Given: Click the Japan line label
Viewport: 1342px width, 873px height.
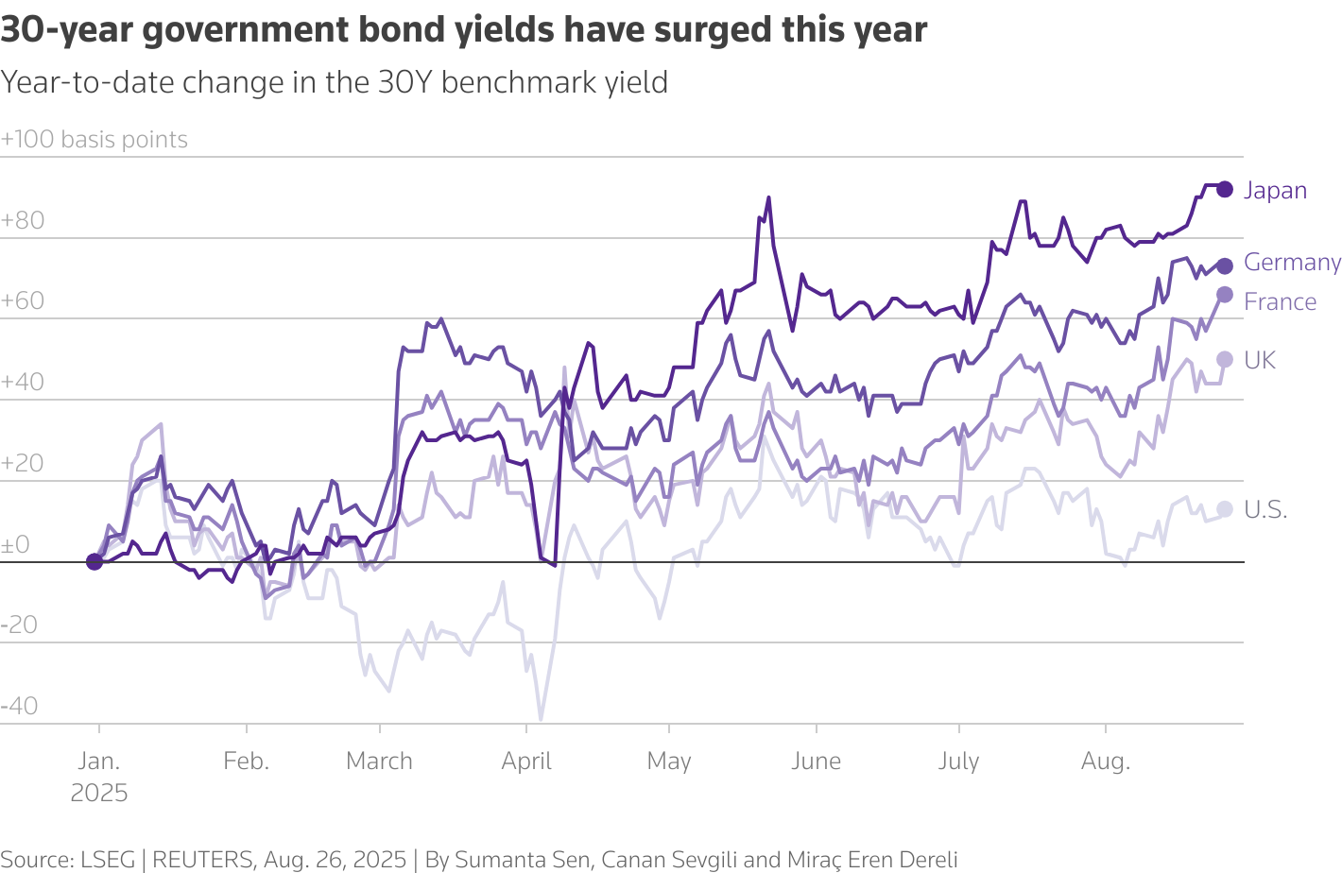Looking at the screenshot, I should click(1275, 190).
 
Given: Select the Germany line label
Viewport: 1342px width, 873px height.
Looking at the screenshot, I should click(1292, 262).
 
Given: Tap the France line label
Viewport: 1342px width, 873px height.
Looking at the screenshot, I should click(1280, 301).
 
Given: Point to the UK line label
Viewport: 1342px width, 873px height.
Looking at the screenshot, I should click(1260, 360).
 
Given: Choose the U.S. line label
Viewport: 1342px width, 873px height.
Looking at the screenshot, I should click(1265, 510).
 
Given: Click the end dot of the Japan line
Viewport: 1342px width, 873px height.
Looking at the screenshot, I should click(1225, 189).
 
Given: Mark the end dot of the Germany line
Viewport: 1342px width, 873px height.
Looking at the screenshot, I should click(1225, 266).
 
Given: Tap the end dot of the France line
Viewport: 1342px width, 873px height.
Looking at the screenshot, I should click(1225, 295).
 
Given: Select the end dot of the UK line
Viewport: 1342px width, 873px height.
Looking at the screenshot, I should click(1225, 359).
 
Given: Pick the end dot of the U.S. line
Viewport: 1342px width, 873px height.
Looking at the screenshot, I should click(1225, 510).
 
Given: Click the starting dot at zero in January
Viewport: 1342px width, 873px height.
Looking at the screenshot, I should click(94, 561).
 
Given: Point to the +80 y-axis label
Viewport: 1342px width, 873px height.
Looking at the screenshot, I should click(23, 220).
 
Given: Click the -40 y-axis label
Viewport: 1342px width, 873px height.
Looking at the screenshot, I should click(20, 706).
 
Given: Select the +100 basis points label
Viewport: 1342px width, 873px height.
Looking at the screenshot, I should click(95, 139).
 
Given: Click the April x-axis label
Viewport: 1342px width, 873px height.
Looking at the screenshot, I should click(526, 761).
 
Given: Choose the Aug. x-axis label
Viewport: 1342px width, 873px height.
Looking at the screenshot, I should click(1105, 761).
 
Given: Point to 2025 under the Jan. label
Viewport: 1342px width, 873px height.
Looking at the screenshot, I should click(99, 793).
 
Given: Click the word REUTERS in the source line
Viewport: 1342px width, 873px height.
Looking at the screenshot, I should click(203, 860).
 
